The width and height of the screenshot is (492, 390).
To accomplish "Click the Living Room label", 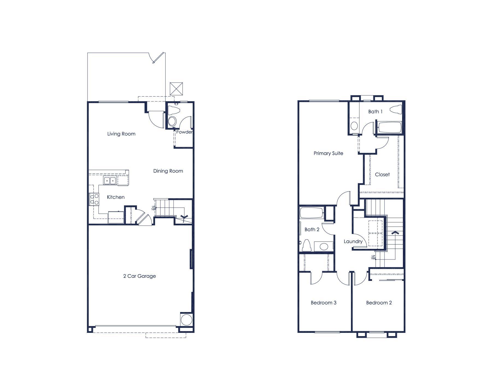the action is click(x=121, y=134).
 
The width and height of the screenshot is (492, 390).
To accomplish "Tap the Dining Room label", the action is click(x=168, y=171).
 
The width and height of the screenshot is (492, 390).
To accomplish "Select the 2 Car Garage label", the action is click(x=139, y=276).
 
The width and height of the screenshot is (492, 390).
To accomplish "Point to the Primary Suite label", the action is click(x=328, y=153).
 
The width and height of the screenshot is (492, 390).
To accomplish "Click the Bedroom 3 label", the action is click(x=324, y=302).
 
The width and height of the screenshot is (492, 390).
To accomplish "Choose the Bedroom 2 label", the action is click(x=379, y=302).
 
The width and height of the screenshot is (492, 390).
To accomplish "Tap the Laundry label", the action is click(x=353, y=241).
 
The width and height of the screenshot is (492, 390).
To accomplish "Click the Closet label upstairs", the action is click(x=382, y=174).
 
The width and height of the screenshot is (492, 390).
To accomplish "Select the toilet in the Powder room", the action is click(x=174, y=110).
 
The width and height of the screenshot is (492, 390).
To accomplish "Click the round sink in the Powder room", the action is click(x=172, y=121).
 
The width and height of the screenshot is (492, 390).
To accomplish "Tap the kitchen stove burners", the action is click(x=94, y=199).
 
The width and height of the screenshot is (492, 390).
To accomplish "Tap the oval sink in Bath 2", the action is click(x=324, y=246).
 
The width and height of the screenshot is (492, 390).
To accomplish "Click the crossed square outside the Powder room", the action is click(x=176, y=89).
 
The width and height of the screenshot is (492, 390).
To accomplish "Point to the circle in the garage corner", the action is click(x=186, y=319).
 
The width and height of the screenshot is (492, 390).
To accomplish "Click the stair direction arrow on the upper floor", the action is click(x=395, y=233).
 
